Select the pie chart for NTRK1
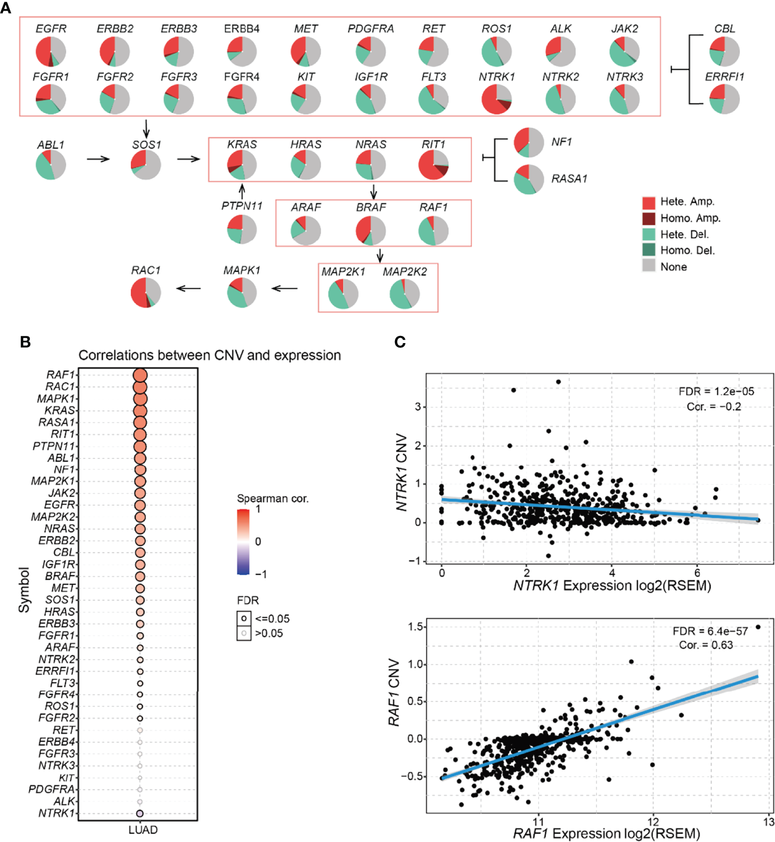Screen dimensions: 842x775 pos(496,100)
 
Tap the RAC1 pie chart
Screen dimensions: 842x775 pos(146,292)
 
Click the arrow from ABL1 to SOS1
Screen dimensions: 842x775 pos(98,159)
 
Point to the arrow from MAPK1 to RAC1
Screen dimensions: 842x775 pos(188,288)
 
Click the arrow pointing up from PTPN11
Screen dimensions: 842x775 pos(242,191)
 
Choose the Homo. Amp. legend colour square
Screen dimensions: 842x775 pos(649,218)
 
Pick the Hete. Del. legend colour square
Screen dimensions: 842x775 pos(649,234)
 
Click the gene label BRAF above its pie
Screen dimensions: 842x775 pos(371,207)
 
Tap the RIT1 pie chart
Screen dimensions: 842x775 pos(433,165)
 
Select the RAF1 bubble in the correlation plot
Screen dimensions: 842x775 pos(140,375)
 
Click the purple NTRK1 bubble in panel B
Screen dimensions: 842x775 pos(140,813)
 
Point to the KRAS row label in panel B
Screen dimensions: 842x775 pos(59,410)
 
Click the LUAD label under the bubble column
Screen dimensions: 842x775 pos(143,830)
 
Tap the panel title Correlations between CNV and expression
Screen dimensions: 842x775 pos(209,355)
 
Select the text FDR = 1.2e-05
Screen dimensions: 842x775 pos(716,392)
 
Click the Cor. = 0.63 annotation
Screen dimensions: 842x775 pos(706,645)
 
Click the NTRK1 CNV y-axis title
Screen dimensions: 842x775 pos(402,472)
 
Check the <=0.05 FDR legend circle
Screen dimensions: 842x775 pos(244,618)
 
